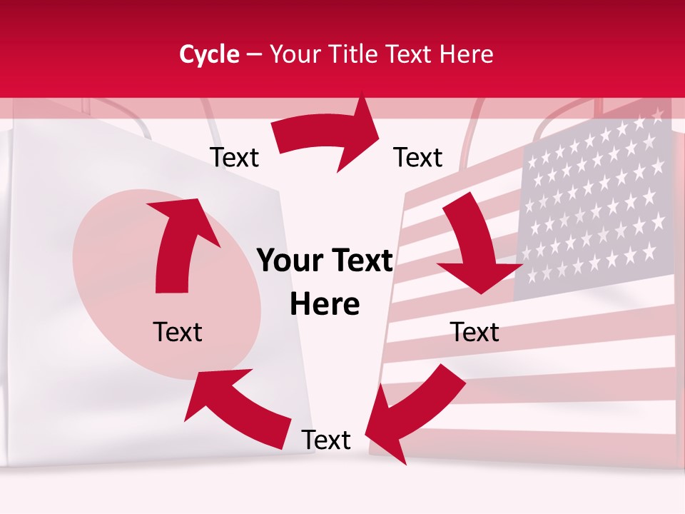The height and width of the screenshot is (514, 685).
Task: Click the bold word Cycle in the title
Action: pyautogui.click(x=209, y=54)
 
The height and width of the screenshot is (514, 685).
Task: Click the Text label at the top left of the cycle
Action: pyautogui.click(x=234, y=157)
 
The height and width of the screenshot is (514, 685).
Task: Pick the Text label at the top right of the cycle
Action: pyautogui.click(x=418, y=157)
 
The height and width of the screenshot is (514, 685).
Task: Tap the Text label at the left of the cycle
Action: pyautogui.click(x=178, y=332)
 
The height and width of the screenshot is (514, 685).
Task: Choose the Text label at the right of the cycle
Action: pyautogui.click(x=475, y=332)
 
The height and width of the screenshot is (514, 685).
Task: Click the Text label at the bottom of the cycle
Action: pyautogui.click(x=326, y=440)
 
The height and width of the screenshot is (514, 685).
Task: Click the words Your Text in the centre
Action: pyautogui.click(x=325, y=261)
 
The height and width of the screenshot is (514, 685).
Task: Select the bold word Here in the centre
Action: pyautogui.click(x=325, y=305)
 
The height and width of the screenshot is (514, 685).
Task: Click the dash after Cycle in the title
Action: pyautogui.click(x=254, y=54)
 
